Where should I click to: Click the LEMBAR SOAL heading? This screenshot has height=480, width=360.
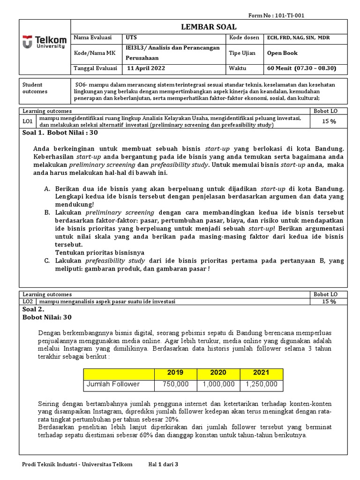209,27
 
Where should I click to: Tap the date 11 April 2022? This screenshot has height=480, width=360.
147,68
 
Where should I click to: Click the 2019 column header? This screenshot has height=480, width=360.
175,373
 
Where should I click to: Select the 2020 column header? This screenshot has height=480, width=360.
218,373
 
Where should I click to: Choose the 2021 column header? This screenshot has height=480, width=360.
261,373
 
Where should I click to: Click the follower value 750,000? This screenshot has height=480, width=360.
175,384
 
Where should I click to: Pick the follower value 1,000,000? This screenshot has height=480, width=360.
218,384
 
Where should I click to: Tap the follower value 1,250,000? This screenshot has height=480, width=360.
261,384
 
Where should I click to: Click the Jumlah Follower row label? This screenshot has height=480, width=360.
113,384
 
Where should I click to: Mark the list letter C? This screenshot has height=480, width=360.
47,261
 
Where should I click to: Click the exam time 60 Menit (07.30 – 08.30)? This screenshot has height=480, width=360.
301,68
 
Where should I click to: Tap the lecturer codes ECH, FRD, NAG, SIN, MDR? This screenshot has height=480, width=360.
298,38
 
